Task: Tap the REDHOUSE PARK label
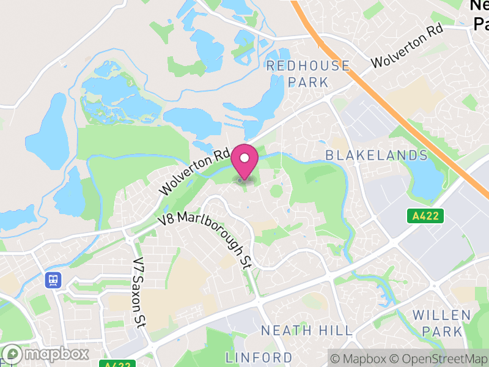tap(308, 73)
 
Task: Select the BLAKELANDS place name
tap(376, 155)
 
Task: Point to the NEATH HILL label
tap(306, 331)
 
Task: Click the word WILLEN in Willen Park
tap(441, 316)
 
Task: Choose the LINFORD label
tap(259, 357)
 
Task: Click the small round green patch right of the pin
tap(276, 191)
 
